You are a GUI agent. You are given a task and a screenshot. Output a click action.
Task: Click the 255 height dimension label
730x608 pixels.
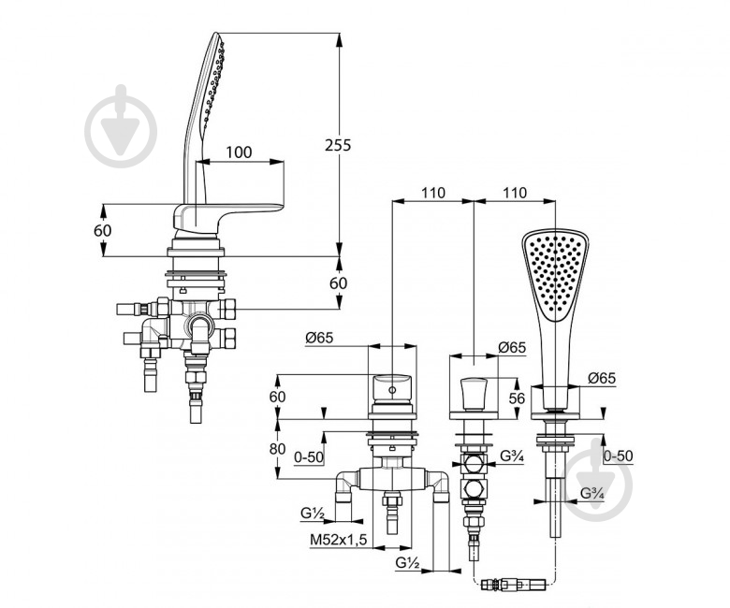[338, 146]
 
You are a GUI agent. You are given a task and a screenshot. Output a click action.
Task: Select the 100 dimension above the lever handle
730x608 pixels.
[239, 152]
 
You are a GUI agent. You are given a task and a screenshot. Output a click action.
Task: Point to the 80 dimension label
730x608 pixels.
[277, 449]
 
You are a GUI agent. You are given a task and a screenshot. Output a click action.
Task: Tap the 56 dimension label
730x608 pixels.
[517, 398]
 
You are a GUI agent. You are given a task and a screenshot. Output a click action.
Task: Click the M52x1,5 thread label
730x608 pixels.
[339, 540]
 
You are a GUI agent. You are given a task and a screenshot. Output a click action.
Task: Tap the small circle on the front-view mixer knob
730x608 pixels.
[392, 390]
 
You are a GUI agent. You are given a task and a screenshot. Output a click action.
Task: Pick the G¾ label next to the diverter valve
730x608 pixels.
[512, 456]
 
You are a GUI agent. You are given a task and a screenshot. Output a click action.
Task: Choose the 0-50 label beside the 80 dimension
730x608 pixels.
[309, 457]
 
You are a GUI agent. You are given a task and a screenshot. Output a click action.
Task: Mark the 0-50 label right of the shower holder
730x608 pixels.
[619, 456]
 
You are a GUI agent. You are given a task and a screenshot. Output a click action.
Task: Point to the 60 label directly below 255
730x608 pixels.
[339, 282]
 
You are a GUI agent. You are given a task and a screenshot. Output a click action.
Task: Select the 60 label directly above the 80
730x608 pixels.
[277, 397]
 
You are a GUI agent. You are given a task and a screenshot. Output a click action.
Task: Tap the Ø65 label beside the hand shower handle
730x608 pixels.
[602, 379]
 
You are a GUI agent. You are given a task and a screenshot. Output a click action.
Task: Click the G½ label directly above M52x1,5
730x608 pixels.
[313, 514]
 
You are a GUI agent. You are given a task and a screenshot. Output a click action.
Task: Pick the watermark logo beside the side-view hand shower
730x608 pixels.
[121, 126]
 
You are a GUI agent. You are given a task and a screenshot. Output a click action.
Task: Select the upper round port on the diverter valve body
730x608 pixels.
[474, 464]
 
